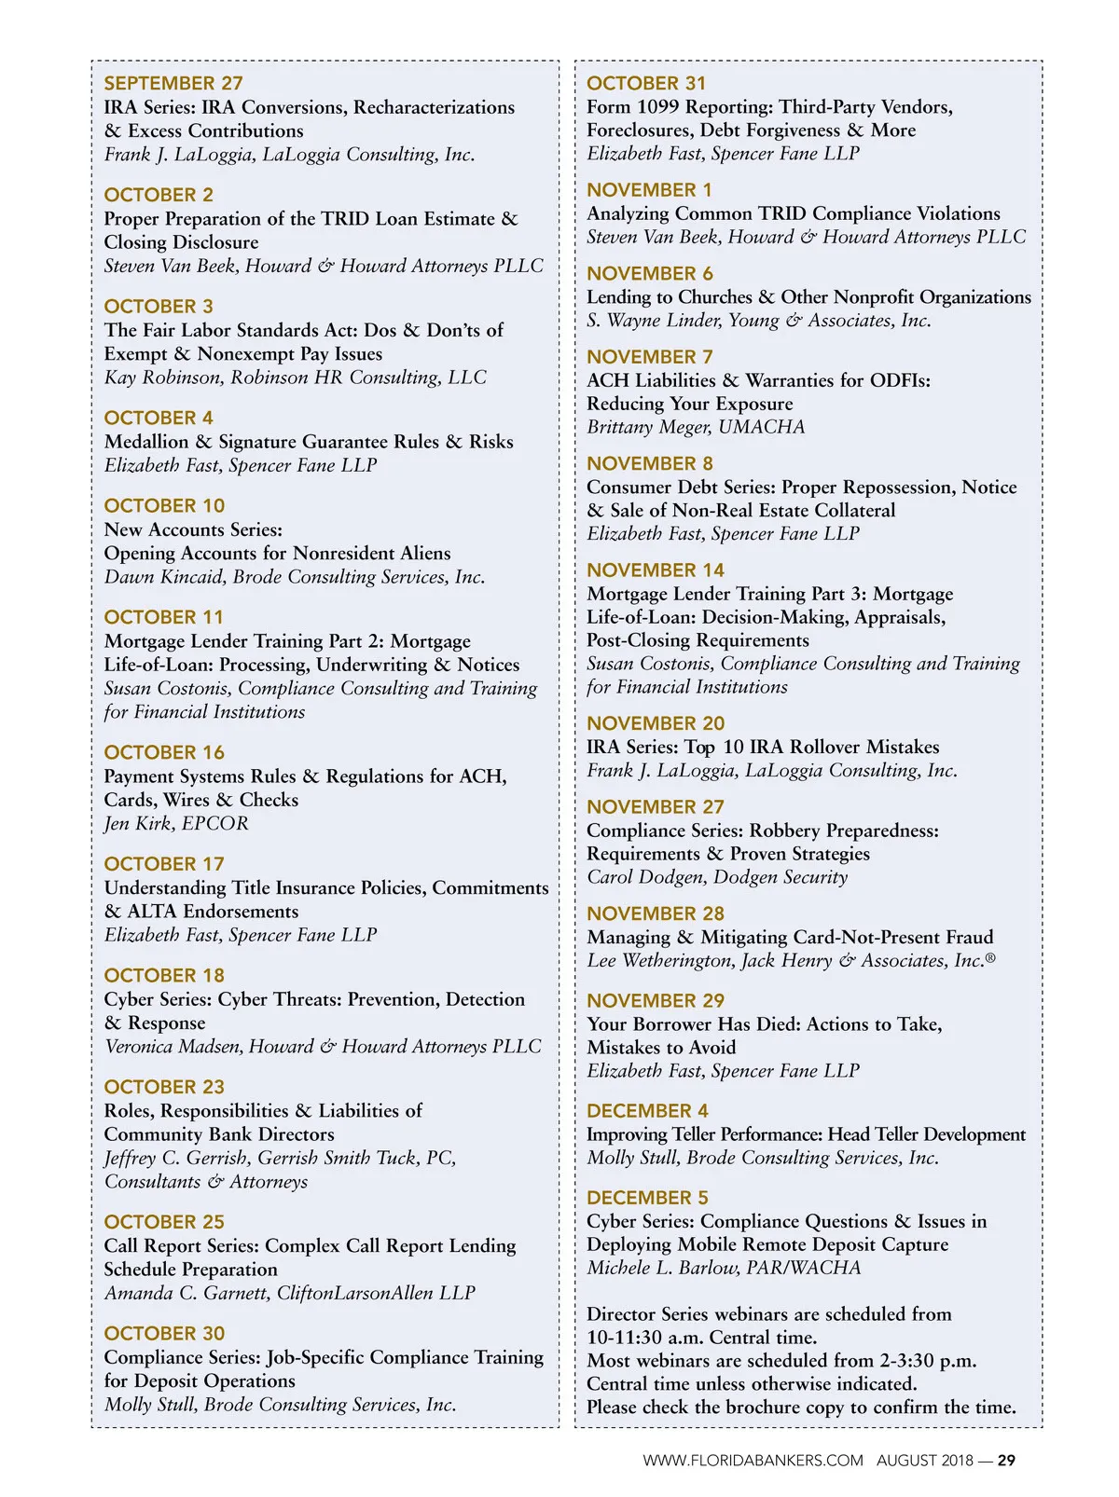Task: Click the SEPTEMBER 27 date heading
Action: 173,84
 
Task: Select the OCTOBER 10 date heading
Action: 164,505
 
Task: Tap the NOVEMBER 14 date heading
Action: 655,570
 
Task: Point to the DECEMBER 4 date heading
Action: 647,1110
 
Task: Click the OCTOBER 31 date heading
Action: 646,83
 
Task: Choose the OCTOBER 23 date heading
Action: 164,1087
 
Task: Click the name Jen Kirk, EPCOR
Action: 176,823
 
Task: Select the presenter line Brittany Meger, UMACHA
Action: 696,427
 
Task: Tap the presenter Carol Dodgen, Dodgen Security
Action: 717,877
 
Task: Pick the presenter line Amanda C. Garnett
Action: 289,1293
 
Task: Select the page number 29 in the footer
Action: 1006,1461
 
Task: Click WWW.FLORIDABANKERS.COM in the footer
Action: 753,1461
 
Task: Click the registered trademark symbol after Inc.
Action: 990,956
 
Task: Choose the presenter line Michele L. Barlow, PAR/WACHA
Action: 724,1268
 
